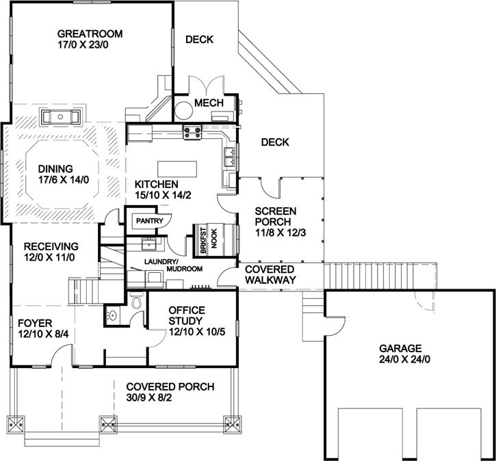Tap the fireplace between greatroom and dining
pyautogui.click(x=62, y=117)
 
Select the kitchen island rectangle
pyautogui.click(x=177, y=168)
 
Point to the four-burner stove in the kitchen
pyautogui.click(x=191, y=131)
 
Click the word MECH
pyautogui.click(x=209, y=103)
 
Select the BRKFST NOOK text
pyautogui.click(x=209, y=239)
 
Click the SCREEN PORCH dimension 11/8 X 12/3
pyautogui.click(x=277, y=233)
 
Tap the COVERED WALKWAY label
pyautogui.click(x=270, y=274)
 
